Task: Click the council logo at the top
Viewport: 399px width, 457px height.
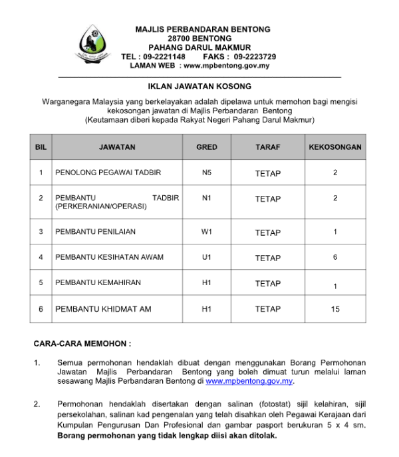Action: [94, 44]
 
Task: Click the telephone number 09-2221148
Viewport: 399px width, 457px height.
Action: [164, 57]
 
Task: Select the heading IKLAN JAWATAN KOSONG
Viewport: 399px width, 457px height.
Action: [199, 87]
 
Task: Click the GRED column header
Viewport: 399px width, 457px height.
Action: [207, 147]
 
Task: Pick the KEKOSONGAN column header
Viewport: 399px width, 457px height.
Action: [335, 147]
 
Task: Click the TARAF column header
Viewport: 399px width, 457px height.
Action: [268, 147]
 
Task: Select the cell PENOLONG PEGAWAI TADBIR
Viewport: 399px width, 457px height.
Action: [108, 173]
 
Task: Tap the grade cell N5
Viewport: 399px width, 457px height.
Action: [207, 173]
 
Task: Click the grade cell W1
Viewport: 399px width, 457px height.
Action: [207, 232]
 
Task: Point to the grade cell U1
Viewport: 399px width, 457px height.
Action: [207, 257]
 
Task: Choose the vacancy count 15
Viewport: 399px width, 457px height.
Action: [335, 309]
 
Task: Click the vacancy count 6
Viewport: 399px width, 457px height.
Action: [335, 257]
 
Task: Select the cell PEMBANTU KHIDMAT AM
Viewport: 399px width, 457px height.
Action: [104, 309]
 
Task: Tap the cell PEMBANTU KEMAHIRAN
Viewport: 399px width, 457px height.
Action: [98, 282]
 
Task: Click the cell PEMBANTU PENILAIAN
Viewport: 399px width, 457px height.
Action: [96, 232]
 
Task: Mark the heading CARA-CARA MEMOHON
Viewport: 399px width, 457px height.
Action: [82, 344]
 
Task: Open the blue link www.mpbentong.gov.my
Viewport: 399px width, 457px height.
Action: [249, 382]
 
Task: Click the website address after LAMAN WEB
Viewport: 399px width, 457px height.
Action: [226, 65]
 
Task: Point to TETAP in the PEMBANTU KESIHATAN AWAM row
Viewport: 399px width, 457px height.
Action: [268, 258]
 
